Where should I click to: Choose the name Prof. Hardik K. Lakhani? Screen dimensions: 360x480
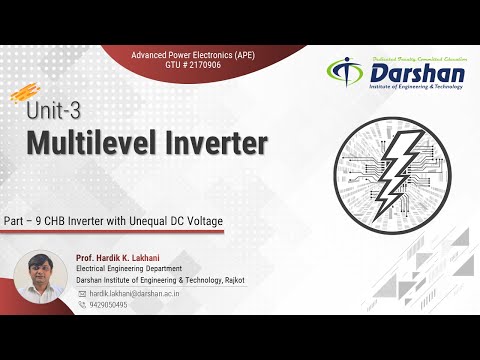pyautogui.click(x=124, y=258)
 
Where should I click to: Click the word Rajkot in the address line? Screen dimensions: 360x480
pyautogui.click(x=235, y=281)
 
